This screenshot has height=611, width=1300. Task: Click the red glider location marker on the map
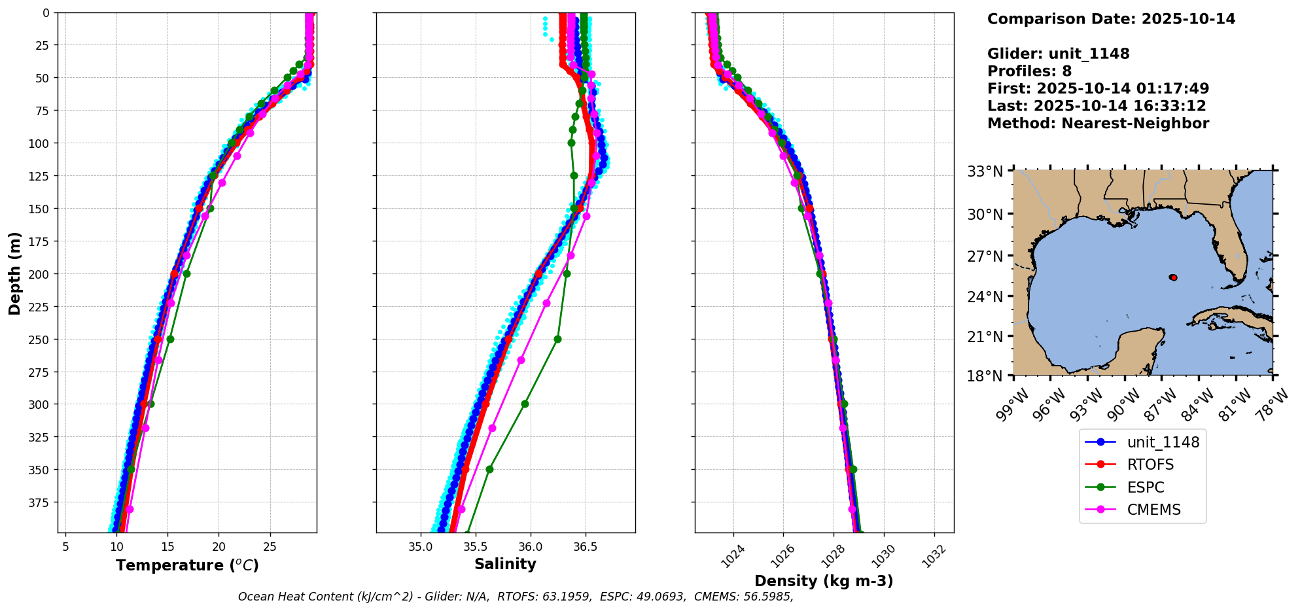1174,278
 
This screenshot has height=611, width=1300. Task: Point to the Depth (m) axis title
14,273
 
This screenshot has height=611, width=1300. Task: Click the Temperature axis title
187,565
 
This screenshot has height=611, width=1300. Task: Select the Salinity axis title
505,564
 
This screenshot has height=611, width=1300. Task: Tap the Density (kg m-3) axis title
824,581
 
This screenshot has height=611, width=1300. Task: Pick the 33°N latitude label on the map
985,172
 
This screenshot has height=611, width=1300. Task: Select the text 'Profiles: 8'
1029,71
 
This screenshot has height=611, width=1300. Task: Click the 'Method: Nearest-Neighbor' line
1098,124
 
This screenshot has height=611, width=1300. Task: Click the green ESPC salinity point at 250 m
557,339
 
